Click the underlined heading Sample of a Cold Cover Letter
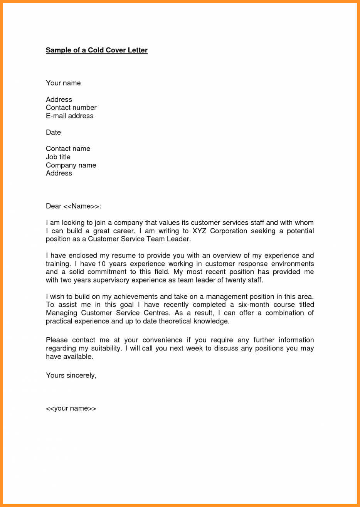pyautogui.click(x=96, y=50)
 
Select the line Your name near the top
pyautogui.click(x=63, y=83)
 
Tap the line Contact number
pyautogui.click(x=71, y=108)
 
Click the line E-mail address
pyautogui.click(x=69, y=116)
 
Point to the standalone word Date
pyautogui.click(x=53, y=132)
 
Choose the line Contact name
pyautogui.click(x=68, y=149)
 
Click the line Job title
pyautogui.click(x=58, y=157)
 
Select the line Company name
pyautogui.click(x=71, y=165)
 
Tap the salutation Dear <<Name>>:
pyautogui.click(x=73, y=206)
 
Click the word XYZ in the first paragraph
pyautogui.click(x=199, y=231)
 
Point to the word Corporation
pyautogui.click(x=229, y=231)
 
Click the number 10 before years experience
pyautogui.click(x=101, y=264)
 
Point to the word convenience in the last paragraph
pyautogui.click(x=162, y=340)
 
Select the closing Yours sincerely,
pyautogui.click(x=71, y=376)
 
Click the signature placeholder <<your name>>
pyautogui.click(x=71, y=408)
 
